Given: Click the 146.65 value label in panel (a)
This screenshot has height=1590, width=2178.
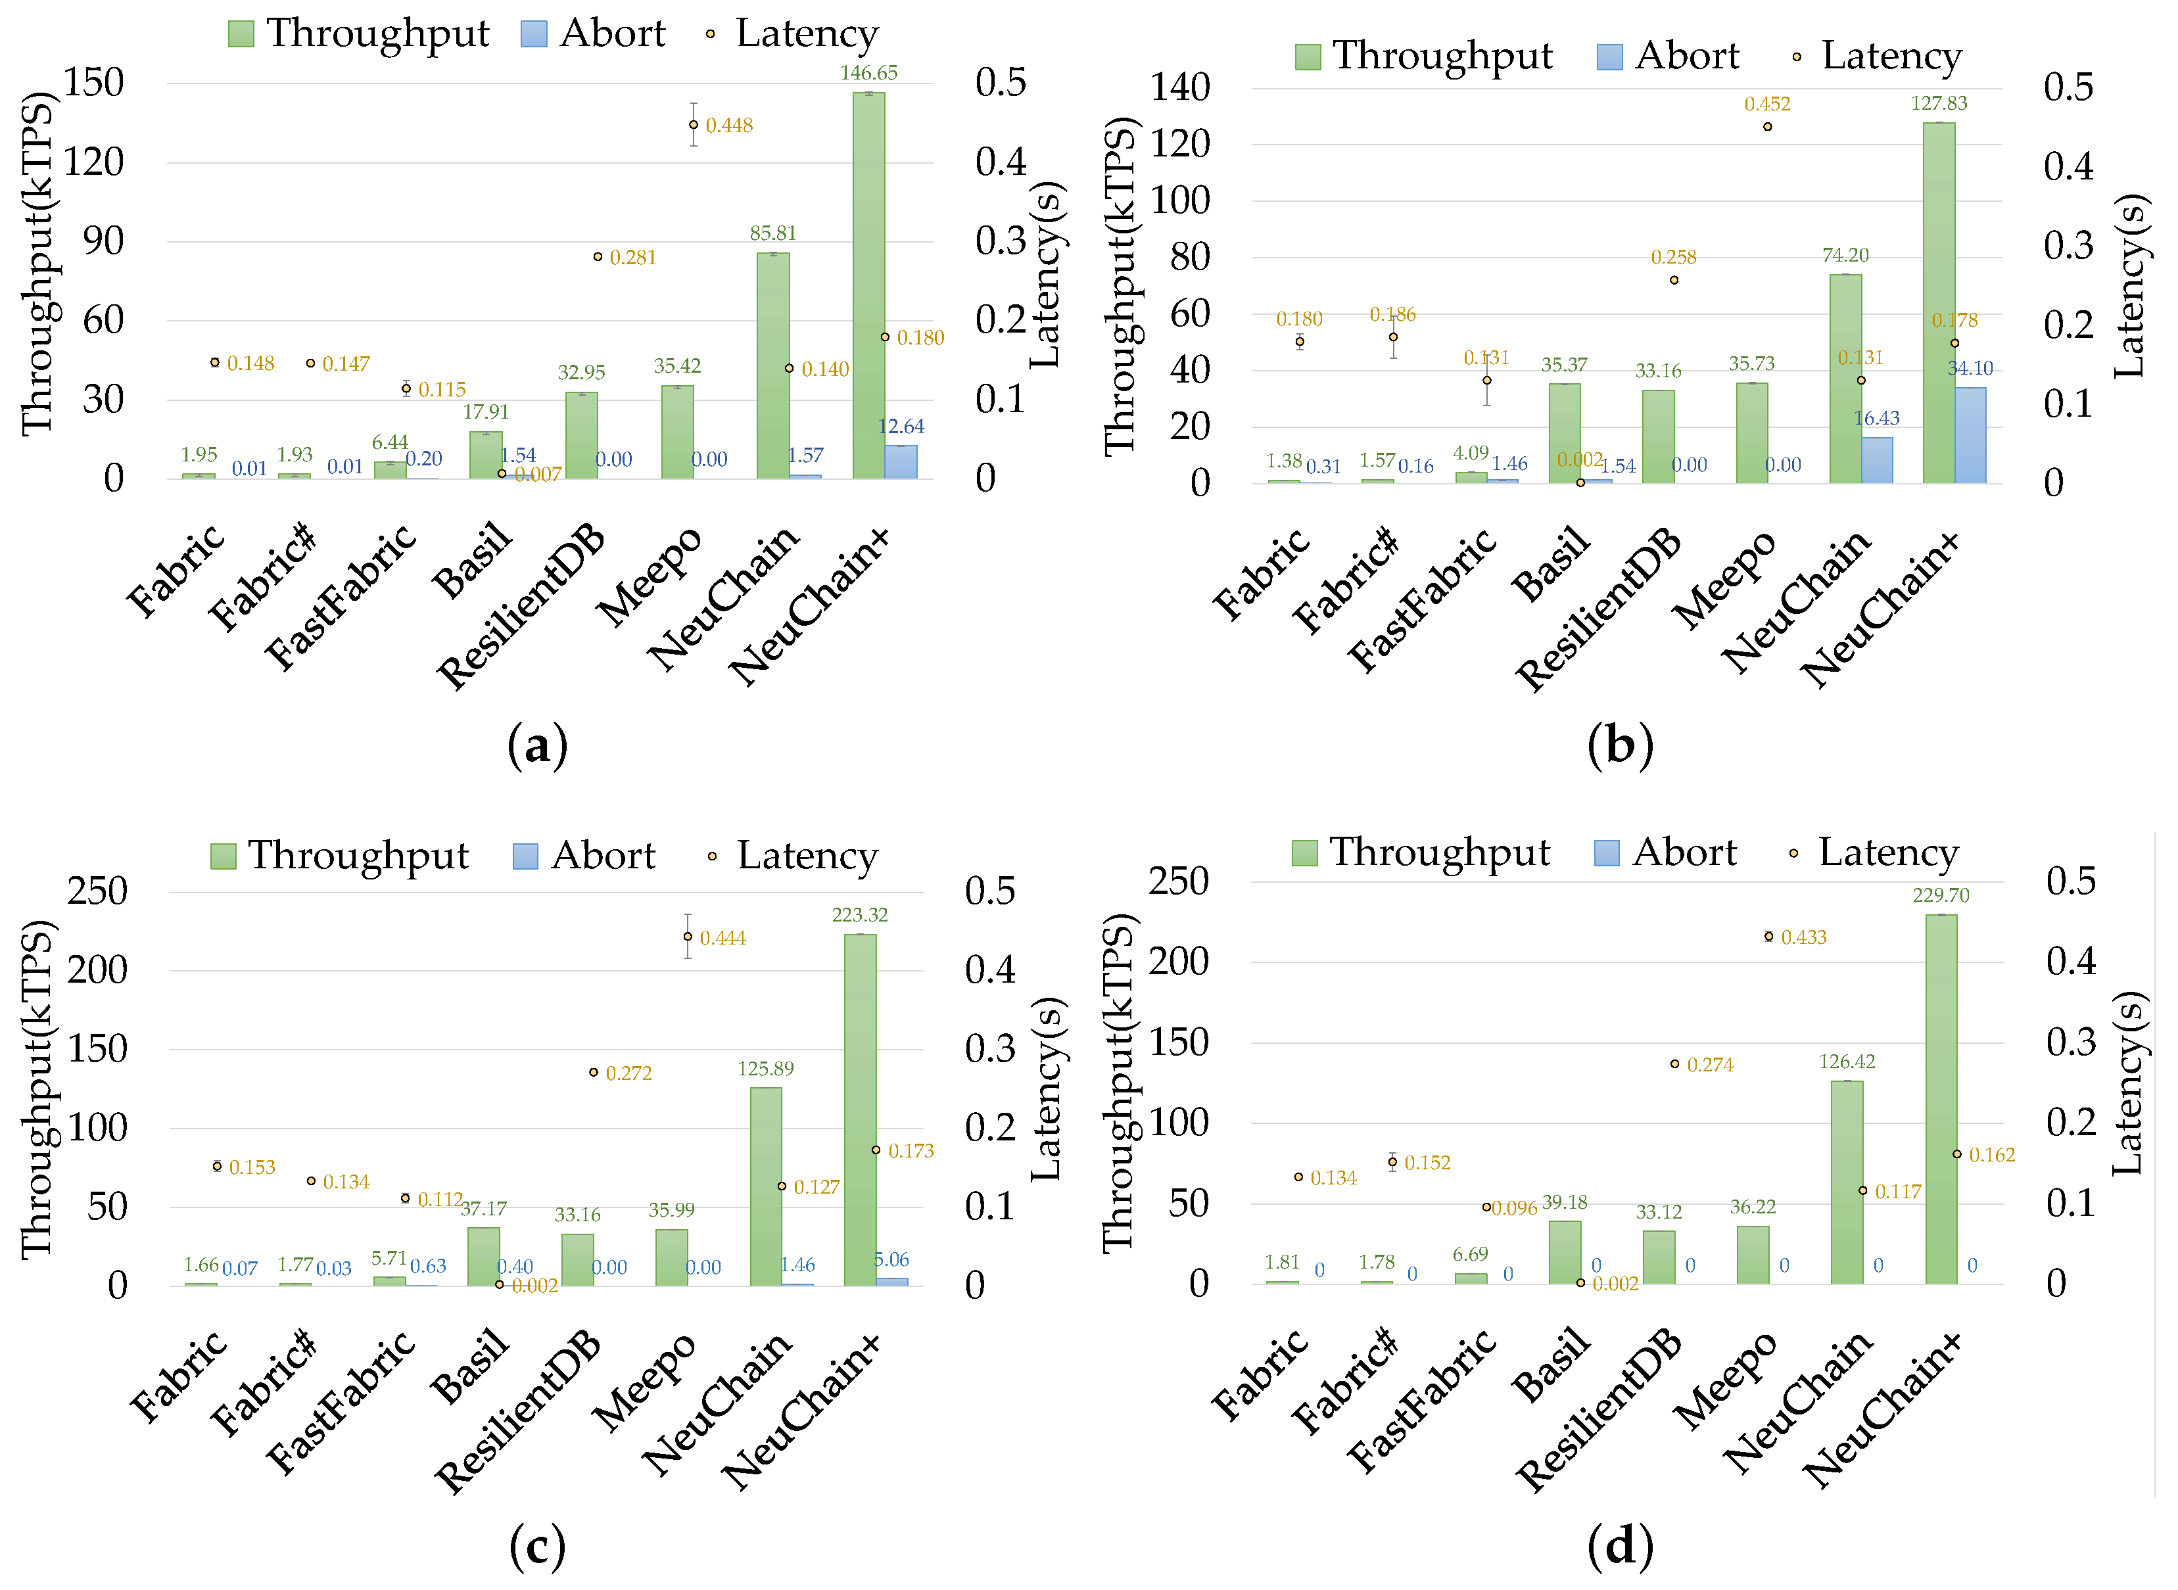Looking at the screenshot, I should click(868, 73).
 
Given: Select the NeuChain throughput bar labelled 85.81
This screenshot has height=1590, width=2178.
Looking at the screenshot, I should click(773, 365).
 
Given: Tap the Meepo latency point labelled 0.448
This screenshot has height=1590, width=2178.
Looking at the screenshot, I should click(693, 125).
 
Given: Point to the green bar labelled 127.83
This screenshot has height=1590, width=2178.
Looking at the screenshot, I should click(1938, 302).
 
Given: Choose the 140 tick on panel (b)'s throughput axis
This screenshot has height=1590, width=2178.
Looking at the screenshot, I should click(1180, 87).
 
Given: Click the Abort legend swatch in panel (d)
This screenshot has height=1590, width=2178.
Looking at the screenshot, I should click(1606, 853).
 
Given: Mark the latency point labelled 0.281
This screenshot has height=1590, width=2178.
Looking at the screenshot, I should click(598, 257).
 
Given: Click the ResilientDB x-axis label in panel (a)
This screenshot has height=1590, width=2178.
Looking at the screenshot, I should click(521, 606).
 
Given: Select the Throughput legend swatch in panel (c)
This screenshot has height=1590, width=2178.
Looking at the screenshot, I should click(224, 856).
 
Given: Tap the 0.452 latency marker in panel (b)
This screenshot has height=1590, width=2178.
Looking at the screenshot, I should click(1767, 127).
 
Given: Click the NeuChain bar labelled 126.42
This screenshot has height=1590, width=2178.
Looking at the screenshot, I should click(1846, 1182).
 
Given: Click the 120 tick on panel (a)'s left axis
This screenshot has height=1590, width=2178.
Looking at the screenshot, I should click(93, 162).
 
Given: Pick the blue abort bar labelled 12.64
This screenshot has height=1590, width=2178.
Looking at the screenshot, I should click(901, 462).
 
